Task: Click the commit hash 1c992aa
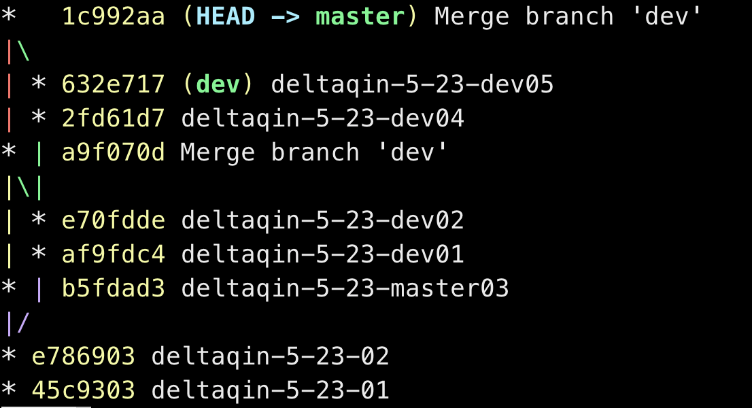[114, 16]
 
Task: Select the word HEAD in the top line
[225, 16]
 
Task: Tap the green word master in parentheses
[360, 16]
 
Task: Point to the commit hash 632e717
[114, 84]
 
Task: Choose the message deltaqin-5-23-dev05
[412, 84]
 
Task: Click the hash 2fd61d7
[114, 118]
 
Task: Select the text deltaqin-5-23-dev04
[322, 118]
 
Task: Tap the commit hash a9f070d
[114, 152]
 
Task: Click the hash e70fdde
[114, 220]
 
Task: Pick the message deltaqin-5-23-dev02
[322, 220]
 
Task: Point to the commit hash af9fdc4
[114, 254]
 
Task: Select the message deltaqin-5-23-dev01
[322, 254]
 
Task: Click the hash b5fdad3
[114, 288]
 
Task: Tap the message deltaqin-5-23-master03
[345, 288]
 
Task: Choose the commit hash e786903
[84, 356]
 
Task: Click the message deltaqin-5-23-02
[270, 356]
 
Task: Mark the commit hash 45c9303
[84, 390]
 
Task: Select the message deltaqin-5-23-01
[270, 390]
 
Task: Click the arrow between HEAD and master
[285, 16]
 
